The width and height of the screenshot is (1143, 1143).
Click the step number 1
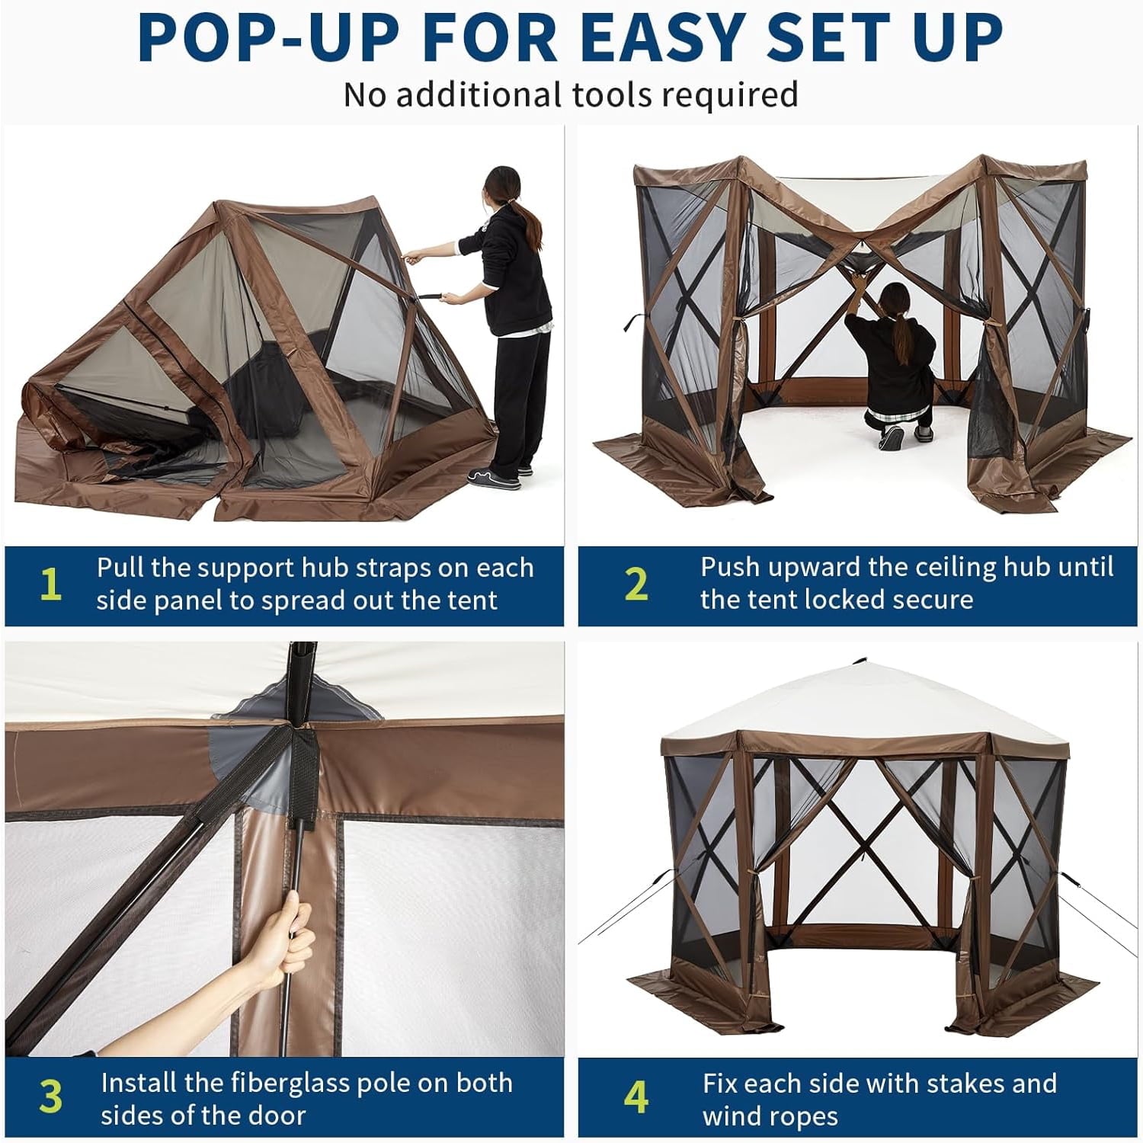tap(50, 584)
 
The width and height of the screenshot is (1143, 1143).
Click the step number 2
tap(636, 584)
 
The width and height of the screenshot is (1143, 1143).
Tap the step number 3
tap(50, 1097)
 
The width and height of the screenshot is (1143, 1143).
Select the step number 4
tap(636, 1097)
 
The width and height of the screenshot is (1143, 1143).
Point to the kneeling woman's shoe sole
tap(891, 437)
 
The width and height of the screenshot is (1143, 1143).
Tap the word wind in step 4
tap(729, 1116)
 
